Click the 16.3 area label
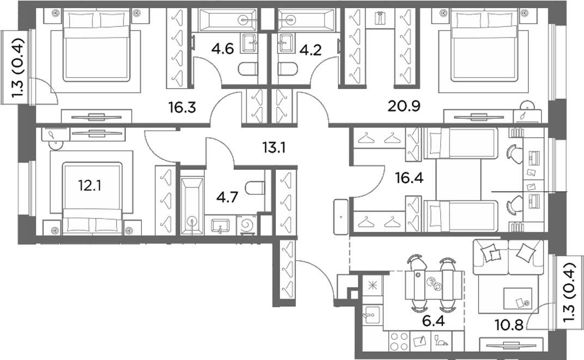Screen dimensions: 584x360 pyautogui.click(x=182, y=108)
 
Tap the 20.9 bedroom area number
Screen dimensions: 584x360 pyautogui.click(x=404, y=106)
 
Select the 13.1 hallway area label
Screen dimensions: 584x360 pyautogui.click(x=273, y=148)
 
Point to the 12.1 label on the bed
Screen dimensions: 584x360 pyautogui.click(x=89, y=185)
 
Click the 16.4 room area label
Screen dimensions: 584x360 pyautogui.click(x=409, y=178)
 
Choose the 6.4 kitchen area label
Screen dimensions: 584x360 pyautogui.click(x=434, y=321)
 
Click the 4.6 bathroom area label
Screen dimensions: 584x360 pyautogui.click(x=222, y=49)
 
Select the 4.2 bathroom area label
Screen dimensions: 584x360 pyautogui.click(x=311, y=50)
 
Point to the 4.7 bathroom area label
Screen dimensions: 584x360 pyautogui.click(x=227, y=197)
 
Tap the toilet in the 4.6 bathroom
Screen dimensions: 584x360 pyautogui.click(x=248, y=69)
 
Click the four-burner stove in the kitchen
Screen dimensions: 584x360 pyautogui.click(x=399, y=341)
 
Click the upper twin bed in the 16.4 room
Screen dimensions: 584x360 pyautogui.click(x=461, y=143)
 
